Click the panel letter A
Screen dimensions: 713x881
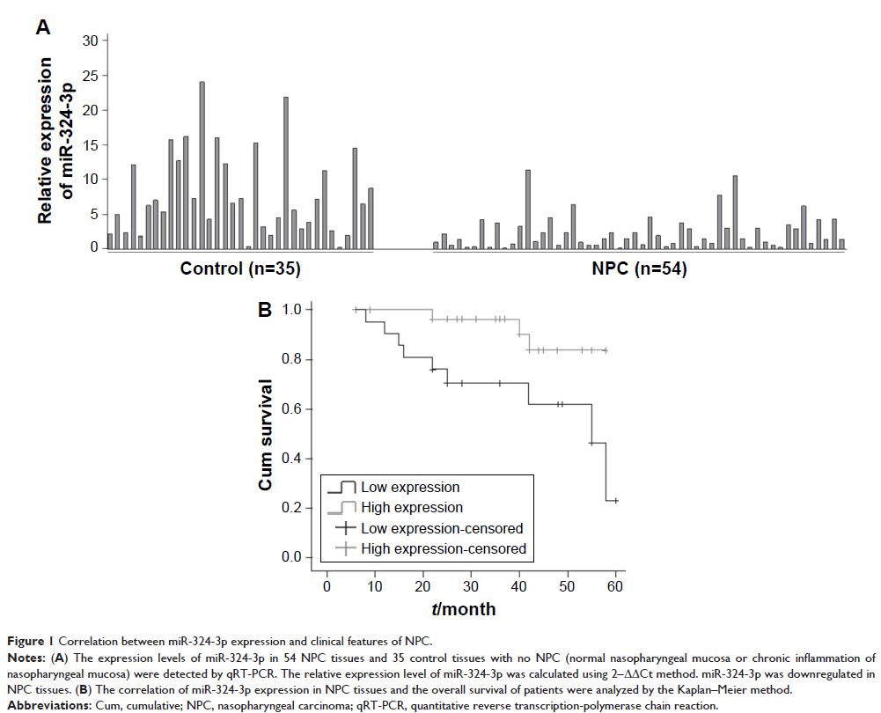tap(42, 27)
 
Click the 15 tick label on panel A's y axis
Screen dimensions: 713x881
tap(88, 144)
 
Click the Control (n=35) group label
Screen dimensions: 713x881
tap(240, 269)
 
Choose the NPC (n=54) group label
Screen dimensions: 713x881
tap(640, 269)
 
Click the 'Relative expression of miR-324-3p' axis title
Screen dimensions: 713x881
tap(55, 140)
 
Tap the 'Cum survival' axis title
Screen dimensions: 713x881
tap(265, 435)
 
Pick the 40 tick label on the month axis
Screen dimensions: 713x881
tap(519, 586)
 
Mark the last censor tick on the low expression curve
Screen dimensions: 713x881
tap(615, 501)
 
